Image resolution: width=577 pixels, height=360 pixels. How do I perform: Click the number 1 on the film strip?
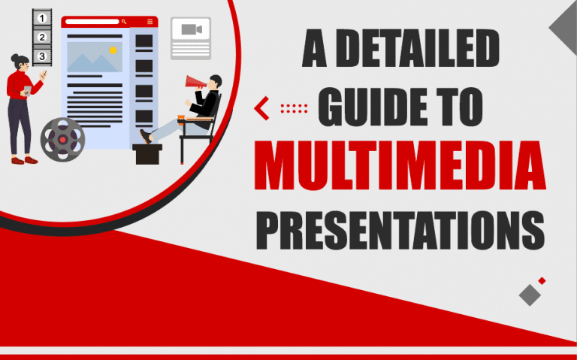(x=42, y=18)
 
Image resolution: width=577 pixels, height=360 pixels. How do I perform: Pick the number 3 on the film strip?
(x=42, y=56)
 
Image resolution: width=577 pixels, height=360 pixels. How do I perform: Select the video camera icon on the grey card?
(x=190, y=31)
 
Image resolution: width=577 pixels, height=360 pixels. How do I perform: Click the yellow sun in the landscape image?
(x=113, y=50)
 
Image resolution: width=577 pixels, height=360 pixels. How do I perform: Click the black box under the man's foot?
(x=147, y=153)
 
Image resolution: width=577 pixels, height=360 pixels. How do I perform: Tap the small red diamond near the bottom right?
(x=542, y=280)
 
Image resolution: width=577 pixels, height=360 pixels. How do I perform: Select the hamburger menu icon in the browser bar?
(x=150, y=22)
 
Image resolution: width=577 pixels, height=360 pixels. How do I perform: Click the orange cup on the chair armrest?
(x=181, y=116)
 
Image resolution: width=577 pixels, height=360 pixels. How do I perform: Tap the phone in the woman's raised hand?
(x=43, y=74)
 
